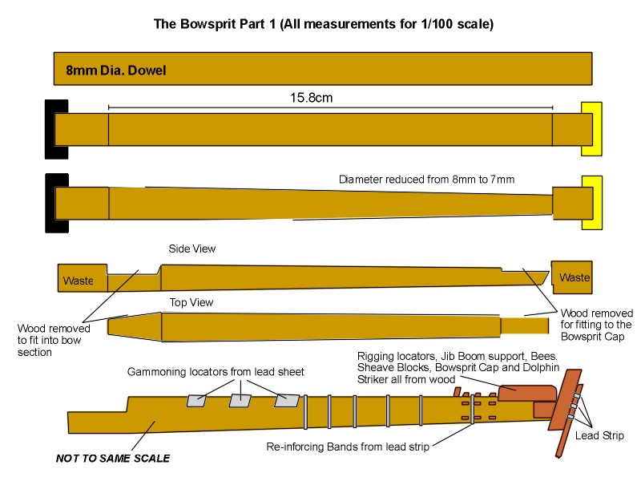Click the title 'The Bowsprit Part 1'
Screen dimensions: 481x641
(x=323, y=24)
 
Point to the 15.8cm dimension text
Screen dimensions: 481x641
(x=311, y=98)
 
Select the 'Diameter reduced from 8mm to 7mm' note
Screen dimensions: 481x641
(x=426, y=180)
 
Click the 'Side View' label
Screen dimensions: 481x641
(x=191, y=249)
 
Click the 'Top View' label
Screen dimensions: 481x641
(x=190, y=302)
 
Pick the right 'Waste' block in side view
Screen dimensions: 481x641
(x=574, y=277)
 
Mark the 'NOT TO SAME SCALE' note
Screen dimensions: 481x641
(x=112, y=459)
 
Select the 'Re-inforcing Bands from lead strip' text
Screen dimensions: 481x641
(x=348, y=447)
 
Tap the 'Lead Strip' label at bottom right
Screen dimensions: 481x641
(x=600, y=436)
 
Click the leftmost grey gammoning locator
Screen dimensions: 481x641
(x=196, y=401)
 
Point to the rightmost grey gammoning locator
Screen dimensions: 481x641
(x=287, y=400)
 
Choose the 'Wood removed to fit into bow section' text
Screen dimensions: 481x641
(x=54, y=339)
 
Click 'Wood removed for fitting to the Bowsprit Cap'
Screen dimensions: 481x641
(x=596, y=325)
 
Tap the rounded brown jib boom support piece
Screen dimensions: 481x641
(x=526, y=391)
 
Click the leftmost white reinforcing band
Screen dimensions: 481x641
(x=305, y=411)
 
